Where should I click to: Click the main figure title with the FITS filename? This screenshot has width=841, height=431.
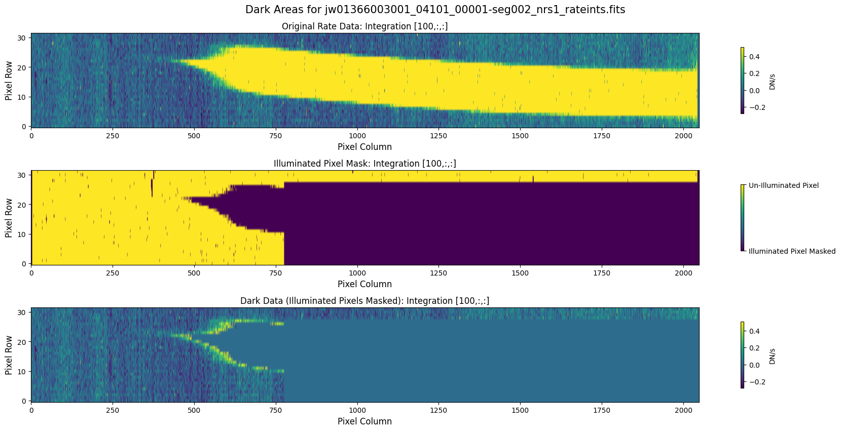pos(435,10)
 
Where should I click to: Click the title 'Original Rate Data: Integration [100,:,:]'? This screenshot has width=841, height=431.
pos(364,26)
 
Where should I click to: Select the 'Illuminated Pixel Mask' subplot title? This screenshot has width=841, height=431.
pos(364,164)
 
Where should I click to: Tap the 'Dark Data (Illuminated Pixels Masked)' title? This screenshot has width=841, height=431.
pos(364,301)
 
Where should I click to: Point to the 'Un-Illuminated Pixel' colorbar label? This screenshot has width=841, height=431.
pos(783,185)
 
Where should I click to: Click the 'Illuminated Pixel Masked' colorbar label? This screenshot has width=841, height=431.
pos(792,251)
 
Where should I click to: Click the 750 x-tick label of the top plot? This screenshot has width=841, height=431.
pos(276,136)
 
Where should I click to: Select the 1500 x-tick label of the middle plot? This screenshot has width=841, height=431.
pos(520,273)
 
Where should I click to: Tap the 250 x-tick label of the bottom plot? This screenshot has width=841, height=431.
pos(113,410)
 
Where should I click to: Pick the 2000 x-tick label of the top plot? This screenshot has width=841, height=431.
pos(683,136)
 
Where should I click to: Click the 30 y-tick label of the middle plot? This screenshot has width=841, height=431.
pos(22,175)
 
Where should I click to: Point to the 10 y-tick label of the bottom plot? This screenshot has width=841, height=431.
pos(22,372)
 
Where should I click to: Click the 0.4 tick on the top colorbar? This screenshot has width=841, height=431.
pos(754,57)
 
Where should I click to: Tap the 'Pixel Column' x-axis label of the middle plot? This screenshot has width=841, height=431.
pos(364,284)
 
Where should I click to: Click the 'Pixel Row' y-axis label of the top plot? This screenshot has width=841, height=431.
pos(9,81)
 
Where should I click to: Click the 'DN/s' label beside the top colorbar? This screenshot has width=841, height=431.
pos(772,81)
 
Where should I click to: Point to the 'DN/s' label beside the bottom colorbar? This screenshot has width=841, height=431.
pos(772,356)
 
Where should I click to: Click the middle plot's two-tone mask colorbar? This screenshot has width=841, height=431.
pos(742,218)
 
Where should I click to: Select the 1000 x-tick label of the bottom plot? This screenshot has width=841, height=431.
pos(357,410)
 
